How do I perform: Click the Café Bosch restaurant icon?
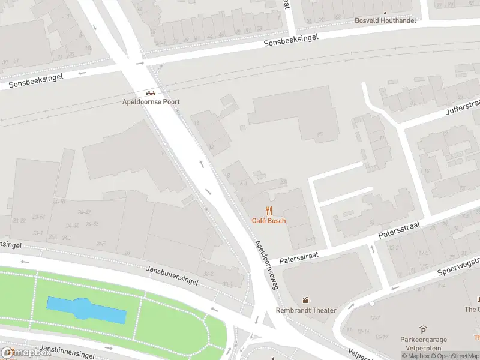(269, 210)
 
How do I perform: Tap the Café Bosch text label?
(269, 221)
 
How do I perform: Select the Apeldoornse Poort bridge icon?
(151, 93)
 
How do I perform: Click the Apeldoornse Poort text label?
(151, 102)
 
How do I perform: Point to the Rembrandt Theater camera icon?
(306, 300)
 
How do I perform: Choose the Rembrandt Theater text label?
(306, 310)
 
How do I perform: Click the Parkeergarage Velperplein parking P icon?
(424, 330)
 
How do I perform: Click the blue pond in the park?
(87, 309)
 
